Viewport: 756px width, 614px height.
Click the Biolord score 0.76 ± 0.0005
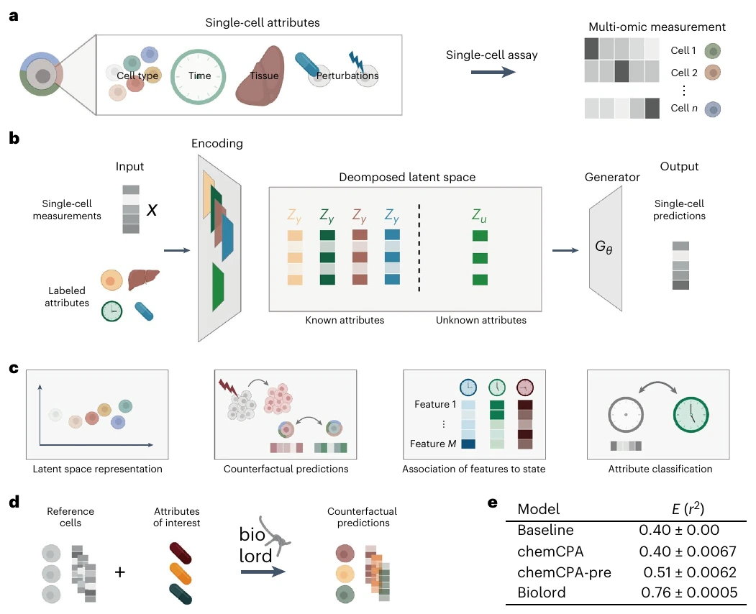[689, 592]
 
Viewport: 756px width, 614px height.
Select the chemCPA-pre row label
[564, 572]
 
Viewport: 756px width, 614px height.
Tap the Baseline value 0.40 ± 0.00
[679, 530]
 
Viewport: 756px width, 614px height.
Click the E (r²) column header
[688, 509]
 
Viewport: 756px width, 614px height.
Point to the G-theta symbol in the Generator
[604, 247]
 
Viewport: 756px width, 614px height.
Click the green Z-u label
[479, 216]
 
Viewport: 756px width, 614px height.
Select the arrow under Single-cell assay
[493, 73]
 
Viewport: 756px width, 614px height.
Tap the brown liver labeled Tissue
[260, 76]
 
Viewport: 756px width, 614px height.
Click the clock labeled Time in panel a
[198, 77]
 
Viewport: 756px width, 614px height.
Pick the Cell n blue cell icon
[712, 109]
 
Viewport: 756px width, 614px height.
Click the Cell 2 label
[683, 73]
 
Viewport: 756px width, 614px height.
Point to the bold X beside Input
[152, 210]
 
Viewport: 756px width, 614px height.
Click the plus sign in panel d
[120, 572]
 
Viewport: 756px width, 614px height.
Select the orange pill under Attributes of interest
[181, 574]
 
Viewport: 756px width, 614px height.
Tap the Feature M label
[432, 444]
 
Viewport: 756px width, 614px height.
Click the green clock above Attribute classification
[691, 414]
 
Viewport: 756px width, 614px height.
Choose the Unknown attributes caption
[481, 320]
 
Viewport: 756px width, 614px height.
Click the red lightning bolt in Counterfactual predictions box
[226, 387]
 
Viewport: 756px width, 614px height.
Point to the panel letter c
[14, 369]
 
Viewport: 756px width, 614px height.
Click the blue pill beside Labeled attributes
[144, 311]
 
